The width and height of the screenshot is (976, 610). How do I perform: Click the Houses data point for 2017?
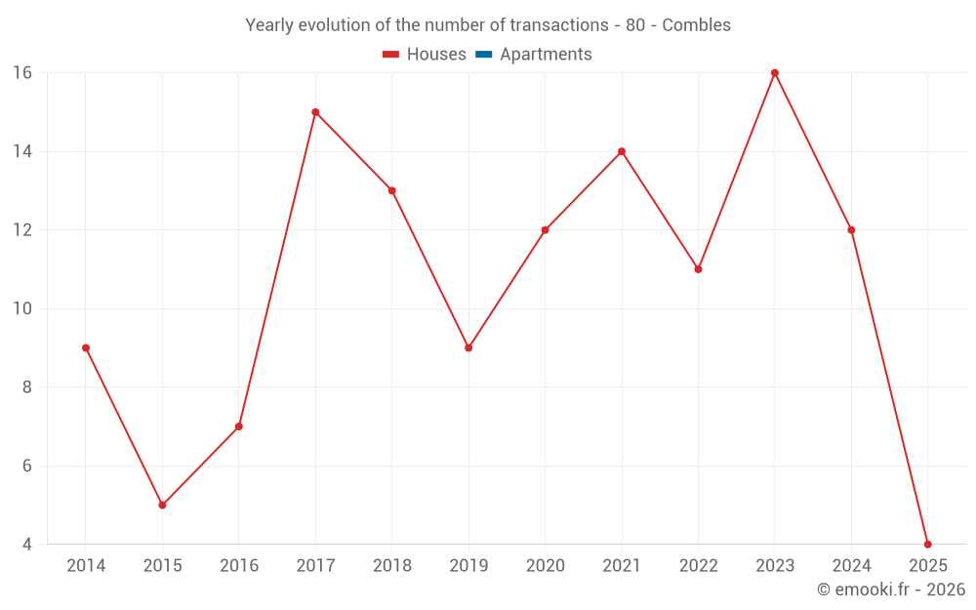point(315,112)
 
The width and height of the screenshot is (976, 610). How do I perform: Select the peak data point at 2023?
point(775,73)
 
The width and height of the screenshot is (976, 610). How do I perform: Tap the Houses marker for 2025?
point(927,544)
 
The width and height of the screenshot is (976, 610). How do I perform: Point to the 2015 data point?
point(162,505)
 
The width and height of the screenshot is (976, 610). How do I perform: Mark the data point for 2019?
point(468,347)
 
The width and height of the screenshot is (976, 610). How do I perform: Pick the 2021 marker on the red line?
point(622,151)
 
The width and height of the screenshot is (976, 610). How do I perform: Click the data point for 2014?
point(86,347)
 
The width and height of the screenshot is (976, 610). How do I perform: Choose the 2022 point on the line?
point(698,269)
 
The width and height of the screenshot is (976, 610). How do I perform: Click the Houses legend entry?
point(425,55)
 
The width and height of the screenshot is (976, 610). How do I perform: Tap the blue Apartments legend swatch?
point(483,55)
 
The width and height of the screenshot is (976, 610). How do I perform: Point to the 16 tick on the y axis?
point(22,73)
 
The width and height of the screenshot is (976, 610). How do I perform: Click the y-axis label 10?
point(22,308)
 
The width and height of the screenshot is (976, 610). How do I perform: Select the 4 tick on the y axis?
point(27,544)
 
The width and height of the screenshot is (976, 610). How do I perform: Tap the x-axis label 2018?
point(391,566)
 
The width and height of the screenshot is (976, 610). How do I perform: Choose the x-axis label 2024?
point(851,566)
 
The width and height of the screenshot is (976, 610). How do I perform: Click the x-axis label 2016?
point(239,566)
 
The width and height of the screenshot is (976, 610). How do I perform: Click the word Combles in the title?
point(696,25)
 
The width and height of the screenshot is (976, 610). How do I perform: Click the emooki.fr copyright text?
point(891,590)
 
